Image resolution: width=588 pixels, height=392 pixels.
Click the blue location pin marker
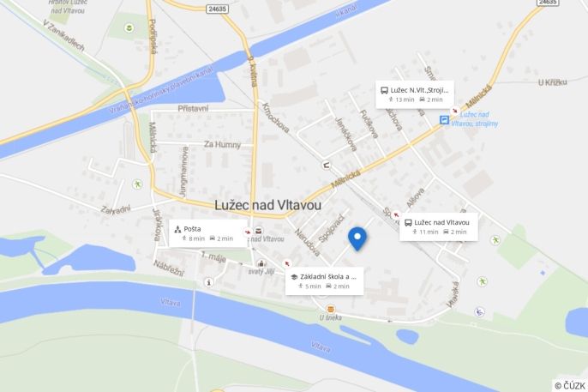tap(357, 238)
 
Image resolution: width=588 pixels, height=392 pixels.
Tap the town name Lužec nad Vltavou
tap(269, 206)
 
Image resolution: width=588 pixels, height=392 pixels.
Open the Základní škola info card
tap(324, 280)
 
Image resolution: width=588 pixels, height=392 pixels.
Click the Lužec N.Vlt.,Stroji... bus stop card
tap(415, 93)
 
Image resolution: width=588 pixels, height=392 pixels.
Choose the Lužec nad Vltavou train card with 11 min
tap(438, 226)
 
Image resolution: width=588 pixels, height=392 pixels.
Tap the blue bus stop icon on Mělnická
tap(444, 120)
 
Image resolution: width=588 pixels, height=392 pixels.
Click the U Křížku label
tap(553, 82)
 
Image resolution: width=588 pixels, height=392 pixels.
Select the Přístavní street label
tap(193, 109)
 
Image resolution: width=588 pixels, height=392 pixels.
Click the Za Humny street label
tap(222, 145)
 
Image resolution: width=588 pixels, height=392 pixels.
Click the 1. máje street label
tap(212, 256)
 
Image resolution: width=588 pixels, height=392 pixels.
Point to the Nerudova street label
tap(307, 242)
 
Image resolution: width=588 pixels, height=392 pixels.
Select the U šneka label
tap(331, 317)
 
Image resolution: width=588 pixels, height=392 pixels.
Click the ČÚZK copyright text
tap(570, 385)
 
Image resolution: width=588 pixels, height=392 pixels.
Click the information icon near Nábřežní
tap(208, 282)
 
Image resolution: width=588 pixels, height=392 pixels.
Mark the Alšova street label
tap(415, 198)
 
